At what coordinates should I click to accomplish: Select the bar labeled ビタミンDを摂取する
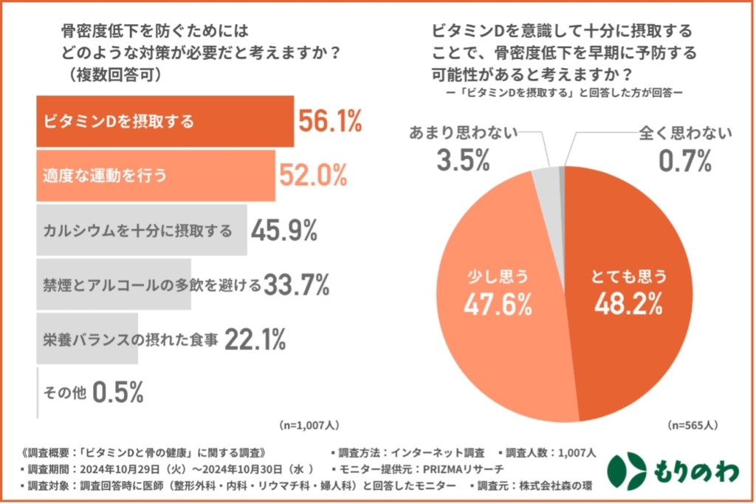click(165, 120)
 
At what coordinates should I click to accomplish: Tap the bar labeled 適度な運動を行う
click(155, 175)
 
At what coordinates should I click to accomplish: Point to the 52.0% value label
click(312, 175)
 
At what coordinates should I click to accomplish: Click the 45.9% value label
click(284, 230)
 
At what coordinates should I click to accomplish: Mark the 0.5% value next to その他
click(118, 393)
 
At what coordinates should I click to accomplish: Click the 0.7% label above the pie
click(685, 159)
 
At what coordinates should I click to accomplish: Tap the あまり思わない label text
click(463, 134)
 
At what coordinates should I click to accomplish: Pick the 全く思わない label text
click(685, 134)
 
